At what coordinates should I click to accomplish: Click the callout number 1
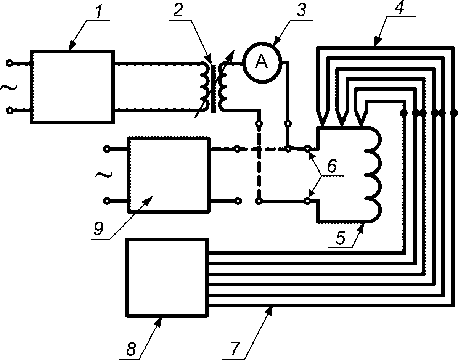[98, 10]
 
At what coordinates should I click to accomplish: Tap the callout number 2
[177, 10]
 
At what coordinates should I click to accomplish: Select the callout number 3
[301, 10]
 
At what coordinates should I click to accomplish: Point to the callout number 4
[399, 7]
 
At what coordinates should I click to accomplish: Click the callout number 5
[341, 238]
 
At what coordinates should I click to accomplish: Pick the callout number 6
[332, 166]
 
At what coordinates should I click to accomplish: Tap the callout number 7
[235, 349]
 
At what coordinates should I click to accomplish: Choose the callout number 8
[131, 349]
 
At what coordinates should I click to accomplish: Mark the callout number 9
[98, 229]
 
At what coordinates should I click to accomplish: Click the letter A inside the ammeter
[261, 61]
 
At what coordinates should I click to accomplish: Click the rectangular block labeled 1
[73, 87]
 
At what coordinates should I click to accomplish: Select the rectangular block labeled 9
[169, 175]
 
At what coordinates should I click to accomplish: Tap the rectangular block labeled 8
[167, 278]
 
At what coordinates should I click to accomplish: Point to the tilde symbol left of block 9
[104, 175]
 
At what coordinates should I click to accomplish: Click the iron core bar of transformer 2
[213, 89]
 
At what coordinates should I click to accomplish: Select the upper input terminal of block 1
[10, 63]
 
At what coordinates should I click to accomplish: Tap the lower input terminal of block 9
[107, 201]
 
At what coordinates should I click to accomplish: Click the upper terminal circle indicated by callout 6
[307, 149]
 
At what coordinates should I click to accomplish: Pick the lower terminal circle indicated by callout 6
[307, 201]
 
